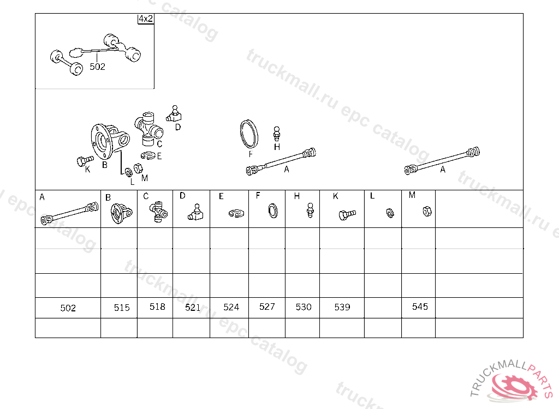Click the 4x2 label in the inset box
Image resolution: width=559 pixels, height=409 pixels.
point(146,19)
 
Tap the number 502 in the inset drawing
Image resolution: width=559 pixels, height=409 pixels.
point(97,67)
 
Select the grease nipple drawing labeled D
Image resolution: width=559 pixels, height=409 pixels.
point(174,113)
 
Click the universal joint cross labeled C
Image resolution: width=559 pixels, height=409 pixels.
point(148,129)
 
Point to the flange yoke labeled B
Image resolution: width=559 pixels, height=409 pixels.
point(109,141)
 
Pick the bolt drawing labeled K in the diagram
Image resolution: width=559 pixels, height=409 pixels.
point(85,161)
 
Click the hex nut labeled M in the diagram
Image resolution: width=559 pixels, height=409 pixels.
point(138,168)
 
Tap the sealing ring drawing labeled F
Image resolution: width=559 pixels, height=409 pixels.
point(249,134)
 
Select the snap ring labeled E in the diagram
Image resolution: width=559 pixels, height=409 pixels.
point(148,155)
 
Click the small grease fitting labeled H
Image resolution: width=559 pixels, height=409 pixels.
point(277,134)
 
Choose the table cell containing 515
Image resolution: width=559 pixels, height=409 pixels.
point(119,308)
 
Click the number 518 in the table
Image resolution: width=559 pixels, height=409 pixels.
point(157,306)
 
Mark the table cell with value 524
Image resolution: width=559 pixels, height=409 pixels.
point(229,308)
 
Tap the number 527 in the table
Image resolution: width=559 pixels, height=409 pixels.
point(267,306)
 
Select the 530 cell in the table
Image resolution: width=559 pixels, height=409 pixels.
point(302,308)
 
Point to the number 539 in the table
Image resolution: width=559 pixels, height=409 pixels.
point(342,307)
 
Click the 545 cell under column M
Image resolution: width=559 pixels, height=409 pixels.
point(419,308)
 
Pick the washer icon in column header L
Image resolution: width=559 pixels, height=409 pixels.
point(390,213)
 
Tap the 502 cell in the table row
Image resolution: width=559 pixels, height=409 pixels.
point(68,308)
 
